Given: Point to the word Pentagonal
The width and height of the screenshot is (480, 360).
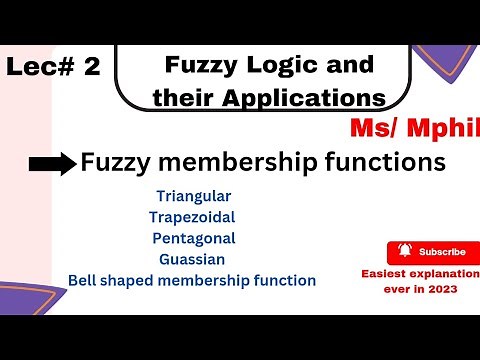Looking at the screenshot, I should [194, 238].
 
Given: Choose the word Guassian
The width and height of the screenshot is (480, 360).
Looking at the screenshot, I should [189, 259].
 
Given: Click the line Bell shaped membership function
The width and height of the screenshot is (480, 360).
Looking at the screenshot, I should [192, 281].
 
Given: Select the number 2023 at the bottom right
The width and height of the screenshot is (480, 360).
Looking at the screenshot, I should [446, 290].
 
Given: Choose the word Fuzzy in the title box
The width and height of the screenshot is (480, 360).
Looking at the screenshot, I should [195, 66].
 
